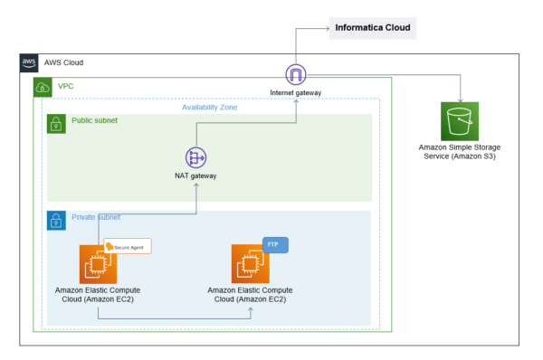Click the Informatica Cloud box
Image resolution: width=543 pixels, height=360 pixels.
(373, 28)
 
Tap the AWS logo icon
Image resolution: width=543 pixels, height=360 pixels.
(29, 62)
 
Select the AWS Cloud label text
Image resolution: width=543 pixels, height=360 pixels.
(63, 63)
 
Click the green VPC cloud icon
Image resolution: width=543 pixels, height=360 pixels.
(43, 87)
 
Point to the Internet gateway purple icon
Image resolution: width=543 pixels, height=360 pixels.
(296, 75)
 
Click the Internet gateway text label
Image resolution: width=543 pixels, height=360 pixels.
(296, 93)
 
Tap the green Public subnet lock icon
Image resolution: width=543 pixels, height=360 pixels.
(55, 124)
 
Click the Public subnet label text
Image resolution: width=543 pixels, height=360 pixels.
(94, 120)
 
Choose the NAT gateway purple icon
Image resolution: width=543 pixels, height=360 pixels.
(196, 156)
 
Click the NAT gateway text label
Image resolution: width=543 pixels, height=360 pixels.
(196, 175)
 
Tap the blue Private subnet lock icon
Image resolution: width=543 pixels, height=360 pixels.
(55, 220)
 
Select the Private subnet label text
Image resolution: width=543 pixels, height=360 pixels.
(96, 217)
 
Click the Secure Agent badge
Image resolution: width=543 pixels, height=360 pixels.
(128, 246)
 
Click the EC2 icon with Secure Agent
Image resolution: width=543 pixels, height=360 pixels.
(98, 264)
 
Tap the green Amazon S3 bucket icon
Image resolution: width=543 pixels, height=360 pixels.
(462, 121)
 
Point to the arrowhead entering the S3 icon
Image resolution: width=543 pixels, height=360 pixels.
(462, 99)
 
